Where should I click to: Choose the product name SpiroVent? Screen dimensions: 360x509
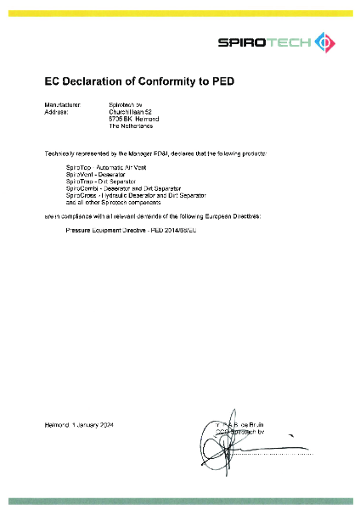tap(77, 176)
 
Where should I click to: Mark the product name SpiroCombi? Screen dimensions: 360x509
tap(79, 188)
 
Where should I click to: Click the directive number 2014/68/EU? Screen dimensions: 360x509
tap(177, 230)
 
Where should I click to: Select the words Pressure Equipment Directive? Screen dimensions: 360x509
tap(104, 230)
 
